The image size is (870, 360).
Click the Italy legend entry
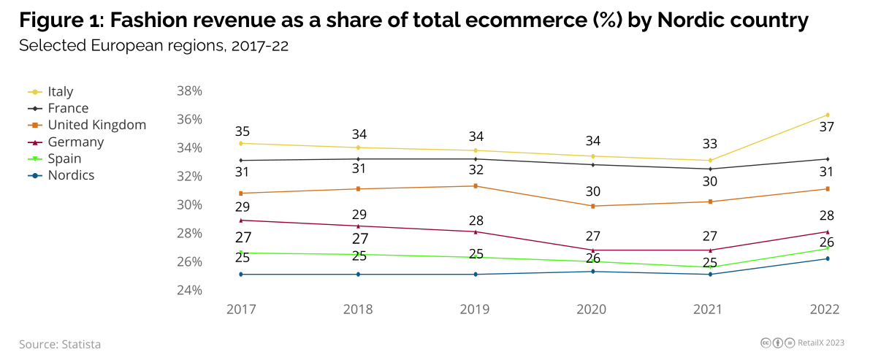(60, 92)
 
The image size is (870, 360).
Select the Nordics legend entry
(71, 175)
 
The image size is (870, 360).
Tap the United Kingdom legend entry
(96, 125)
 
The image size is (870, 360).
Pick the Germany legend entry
(75, 142)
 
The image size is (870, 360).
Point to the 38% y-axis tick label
(189, 91)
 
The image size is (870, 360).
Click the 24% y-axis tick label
(189, 290)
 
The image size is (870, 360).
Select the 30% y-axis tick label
(189, 204)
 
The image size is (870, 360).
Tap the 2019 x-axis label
(475, 309)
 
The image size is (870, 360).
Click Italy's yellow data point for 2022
(827, 115)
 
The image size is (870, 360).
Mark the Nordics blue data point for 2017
(241, 275)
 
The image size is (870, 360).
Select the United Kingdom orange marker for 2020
(592, 206)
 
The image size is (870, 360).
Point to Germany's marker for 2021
(710, 250)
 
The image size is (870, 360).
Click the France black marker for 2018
(358, 158)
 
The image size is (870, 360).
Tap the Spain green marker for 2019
(476, 257)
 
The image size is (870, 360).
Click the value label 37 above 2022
(826, 127)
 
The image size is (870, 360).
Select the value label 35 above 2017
(243, 132)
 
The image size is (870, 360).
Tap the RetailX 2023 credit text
(821, 342)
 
